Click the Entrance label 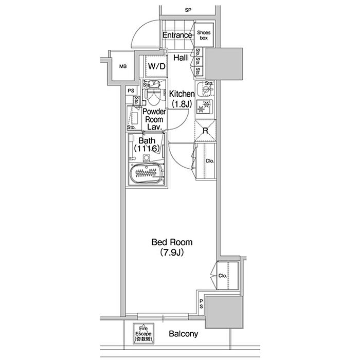[177, 35]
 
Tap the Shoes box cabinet [204, 35]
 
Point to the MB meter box [123, 66]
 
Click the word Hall [180, 58]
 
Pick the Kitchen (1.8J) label [182, 98]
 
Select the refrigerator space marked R [205, 131]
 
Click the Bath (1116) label [148, 143]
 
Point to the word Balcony [183, 334]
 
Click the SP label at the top [188, 10]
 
